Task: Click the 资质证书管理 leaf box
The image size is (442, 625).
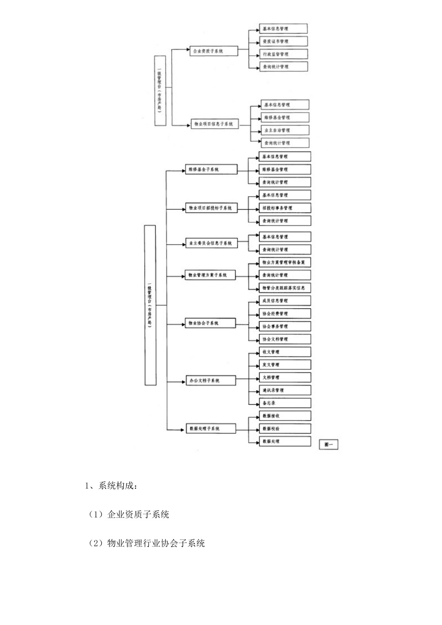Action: (x=283, y=41)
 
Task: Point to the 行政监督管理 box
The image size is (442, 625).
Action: (x=283, y=54)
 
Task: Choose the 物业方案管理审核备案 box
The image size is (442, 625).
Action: (x=285, y=263)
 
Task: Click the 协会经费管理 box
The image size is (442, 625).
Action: (x=285, y=314)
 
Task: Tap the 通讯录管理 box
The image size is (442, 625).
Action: (x=285, y=391)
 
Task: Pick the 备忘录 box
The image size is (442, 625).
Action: (x=285, y=403)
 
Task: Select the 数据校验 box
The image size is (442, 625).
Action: (x=285, y=429)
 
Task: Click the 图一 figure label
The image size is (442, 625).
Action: (x=329, y=445)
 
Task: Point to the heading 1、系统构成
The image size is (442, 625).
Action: (x=111, y=486)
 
